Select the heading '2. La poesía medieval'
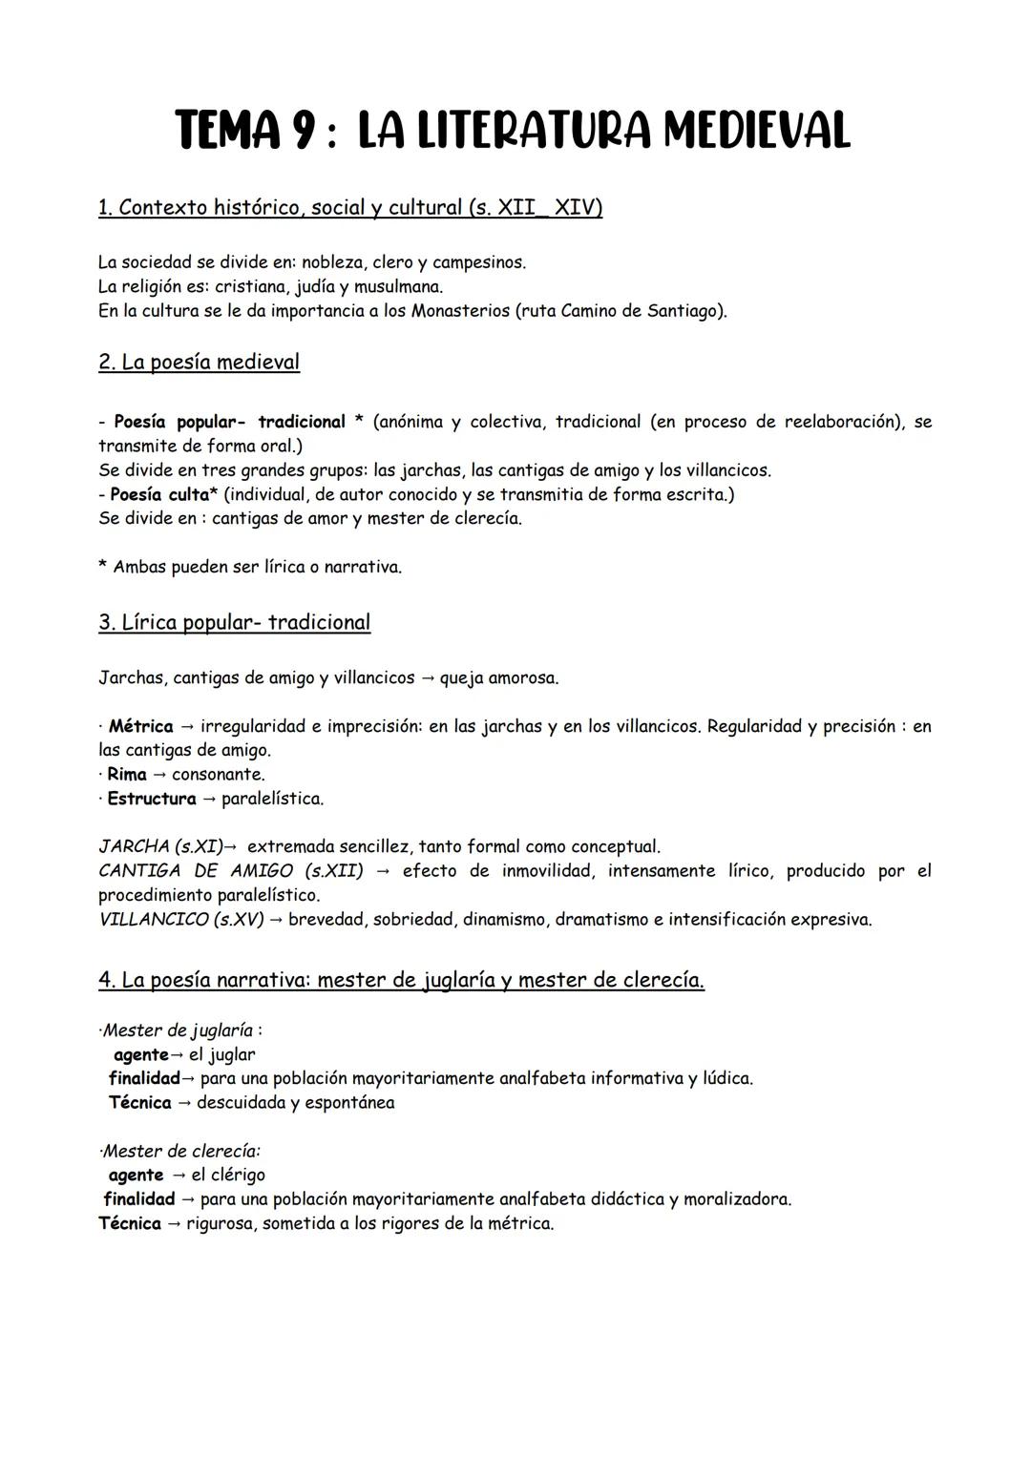[x=199, y=363]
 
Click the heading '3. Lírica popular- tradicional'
[x=234, y=623]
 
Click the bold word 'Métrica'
[x=140, y=726]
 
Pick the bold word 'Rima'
[x=127, y=774]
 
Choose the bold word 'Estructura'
[x=151, y=799]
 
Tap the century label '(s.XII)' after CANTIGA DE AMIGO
[x=333, y=871]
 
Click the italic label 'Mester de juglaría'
[x=179, y=1030]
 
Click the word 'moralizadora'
[x=736, y=1199]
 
